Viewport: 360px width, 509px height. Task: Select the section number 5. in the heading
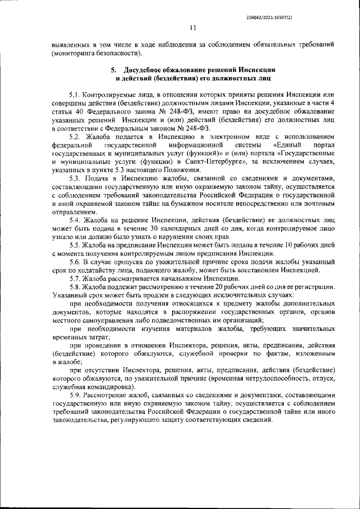[x=112, y=70]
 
